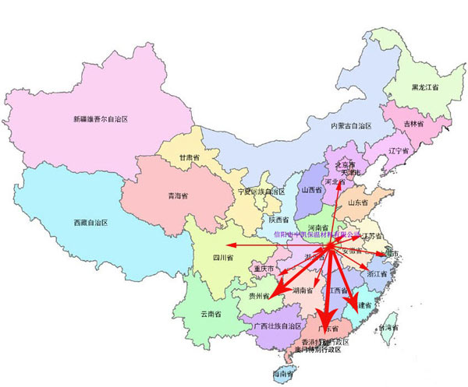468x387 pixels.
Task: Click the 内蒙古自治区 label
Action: (350, 125)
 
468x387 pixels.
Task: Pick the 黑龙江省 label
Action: (424, 88)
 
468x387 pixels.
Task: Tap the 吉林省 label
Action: (413, 124)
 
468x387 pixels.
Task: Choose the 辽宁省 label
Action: (398, 150)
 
